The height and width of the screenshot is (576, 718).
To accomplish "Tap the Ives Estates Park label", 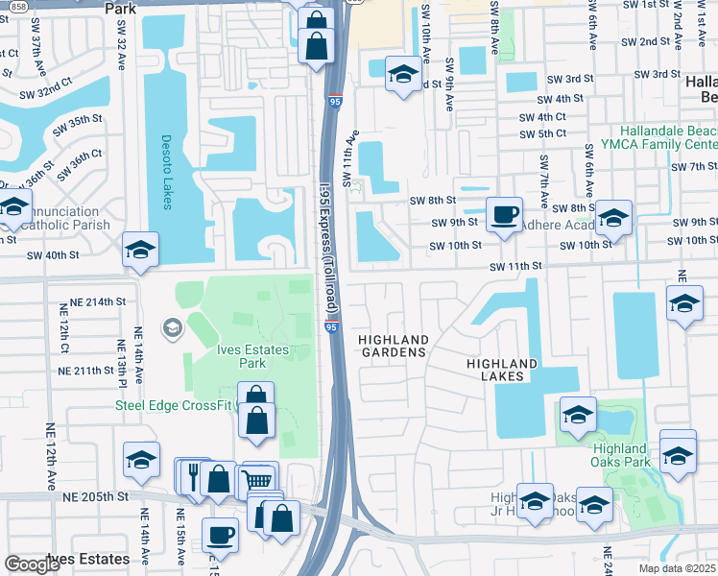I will tap(251, 356).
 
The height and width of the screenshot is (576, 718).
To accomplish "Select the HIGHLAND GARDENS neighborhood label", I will tap(392, 347).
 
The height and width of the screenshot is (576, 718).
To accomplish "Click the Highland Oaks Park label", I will tap(619, 455).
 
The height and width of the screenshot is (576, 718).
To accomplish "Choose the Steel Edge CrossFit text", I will tap(175, 405).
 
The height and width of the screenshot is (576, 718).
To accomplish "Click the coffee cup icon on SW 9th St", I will tap(504, 213).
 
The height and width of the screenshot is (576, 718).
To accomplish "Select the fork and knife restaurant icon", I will tap(192, 475).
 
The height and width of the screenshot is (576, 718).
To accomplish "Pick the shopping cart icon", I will tap(257, 479).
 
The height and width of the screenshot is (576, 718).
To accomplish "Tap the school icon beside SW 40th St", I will tap(141, 250).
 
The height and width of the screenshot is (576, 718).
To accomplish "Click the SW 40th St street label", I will tap(52, 255).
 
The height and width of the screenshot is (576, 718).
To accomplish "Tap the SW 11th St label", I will tap(516, 266).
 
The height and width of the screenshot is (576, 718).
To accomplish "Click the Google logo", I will tap(32, 564).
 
